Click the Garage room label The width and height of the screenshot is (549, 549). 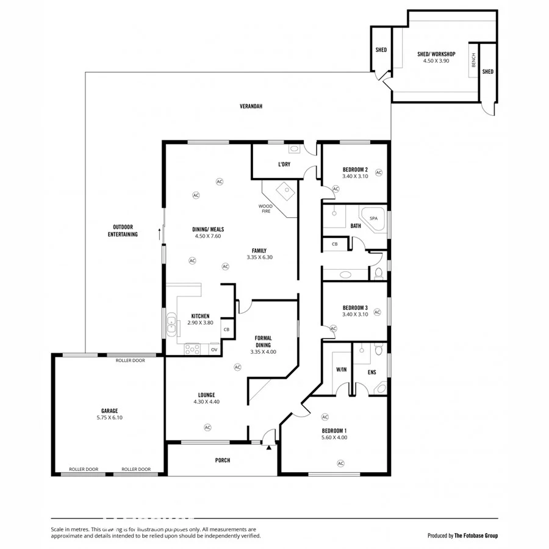[109, 411]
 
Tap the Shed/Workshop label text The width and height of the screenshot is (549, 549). [436, 54]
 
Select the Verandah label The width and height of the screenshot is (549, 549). [251, 106]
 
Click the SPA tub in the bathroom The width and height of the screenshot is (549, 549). [373, 218]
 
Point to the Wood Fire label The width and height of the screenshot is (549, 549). [265, 209]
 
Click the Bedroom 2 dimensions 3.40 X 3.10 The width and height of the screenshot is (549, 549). [354, 177]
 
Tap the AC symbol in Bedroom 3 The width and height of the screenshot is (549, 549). [377, 312]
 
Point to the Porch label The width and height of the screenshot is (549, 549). [223, 460]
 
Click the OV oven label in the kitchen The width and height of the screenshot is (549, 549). [214, 350]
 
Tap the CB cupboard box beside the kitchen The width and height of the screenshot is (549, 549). [226, 329]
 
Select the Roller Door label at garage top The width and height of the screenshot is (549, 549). [131, 361]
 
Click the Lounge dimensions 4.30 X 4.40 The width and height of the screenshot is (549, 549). [206, 402]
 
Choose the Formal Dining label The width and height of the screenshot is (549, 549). [263, 342]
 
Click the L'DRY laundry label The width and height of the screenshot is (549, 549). [284, 165]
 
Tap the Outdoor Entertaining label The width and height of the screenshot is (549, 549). [123, 231]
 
